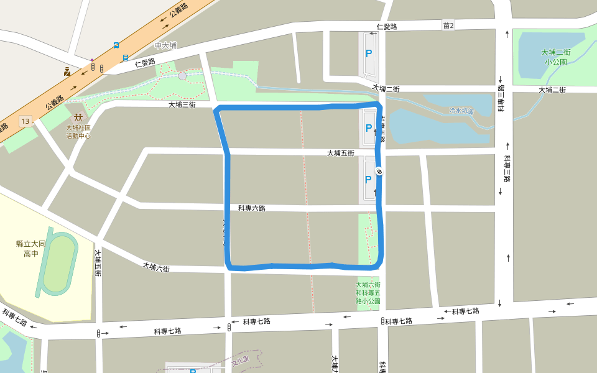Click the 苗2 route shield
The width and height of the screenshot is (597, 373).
tap(448, 25)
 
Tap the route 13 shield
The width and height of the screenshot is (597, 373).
tap(25, 121)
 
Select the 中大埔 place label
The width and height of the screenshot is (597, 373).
tap(166, 45)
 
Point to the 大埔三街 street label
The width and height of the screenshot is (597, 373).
tap(182, 105)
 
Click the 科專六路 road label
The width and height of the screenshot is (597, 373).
tap(252, 208)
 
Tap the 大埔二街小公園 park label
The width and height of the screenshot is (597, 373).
tap(555, 57)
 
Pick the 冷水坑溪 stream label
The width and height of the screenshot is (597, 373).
tap(461, 111)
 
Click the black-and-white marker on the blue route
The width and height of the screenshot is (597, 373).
tap(379, 172)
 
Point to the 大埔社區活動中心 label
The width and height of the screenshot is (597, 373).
tap(78, 131)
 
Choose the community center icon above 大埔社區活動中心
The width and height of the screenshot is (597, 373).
tap(78, 117)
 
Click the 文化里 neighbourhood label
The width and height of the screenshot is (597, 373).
tap(240, 359)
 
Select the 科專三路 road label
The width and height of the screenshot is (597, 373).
tap(507, 168)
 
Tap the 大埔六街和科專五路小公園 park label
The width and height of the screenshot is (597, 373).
tap(368, 292)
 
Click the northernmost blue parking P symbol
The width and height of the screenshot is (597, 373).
tap(369, 54)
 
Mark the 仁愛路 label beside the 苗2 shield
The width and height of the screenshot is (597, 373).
tap(387, 27)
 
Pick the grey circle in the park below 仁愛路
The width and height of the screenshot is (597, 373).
tap(182, 76)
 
